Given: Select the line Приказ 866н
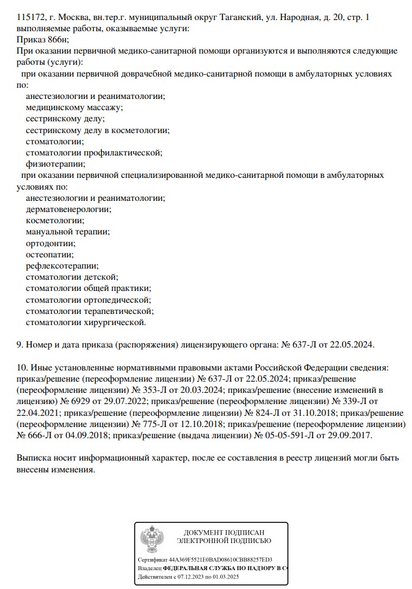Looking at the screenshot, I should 43,39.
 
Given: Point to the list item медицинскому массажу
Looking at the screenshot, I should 74,107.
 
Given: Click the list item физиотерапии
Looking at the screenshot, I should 55,164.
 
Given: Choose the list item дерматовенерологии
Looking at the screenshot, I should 68,209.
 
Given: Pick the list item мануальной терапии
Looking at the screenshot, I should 68,231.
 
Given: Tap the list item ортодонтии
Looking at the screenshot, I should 51,243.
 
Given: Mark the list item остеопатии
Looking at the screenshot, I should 49,254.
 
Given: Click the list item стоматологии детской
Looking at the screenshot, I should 72,277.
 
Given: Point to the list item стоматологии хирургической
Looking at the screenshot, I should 85,322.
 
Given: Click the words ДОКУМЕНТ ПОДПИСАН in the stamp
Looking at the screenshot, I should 224,532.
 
